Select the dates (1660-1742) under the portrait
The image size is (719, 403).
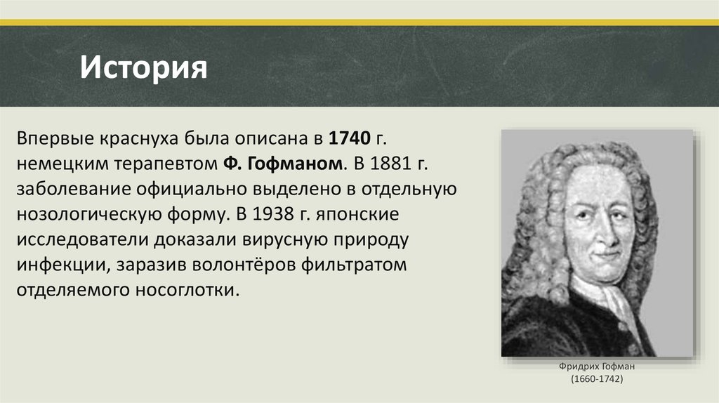click(597, 378)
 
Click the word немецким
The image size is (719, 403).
click(60, 164)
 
